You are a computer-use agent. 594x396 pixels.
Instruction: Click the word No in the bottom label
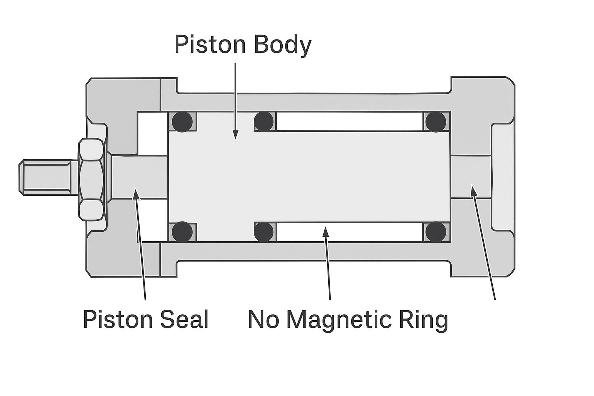click(263, 319)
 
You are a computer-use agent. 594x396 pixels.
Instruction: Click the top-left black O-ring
click(182, 121)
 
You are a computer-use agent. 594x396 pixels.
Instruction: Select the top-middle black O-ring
click(264, 121)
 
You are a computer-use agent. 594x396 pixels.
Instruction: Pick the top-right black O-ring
click(436, 121)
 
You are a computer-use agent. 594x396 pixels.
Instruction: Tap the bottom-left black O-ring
click(182, 232)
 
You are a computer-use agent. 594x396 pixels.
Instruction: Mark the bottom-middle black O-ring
click(264, 231)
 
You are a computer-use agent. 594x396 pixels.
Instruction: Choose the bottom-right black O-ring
click(436, 232)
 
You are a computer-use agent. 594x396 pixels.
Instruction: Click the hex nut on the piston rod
click(92, 179)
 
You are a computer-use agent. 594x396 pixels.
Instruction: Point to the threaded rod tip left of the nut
click(44, 177)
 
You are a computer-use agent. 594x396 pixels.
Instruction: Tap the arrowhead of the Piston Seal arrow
click(136, 192)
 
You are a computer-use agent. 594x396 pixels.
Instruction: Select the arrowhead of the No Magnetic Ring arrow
click(326, 232)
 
